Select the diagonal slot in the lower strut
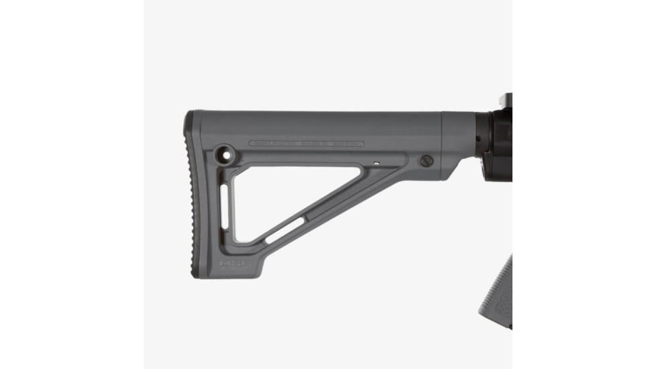click(x=285, y=229)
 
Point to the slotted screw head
click(x=426, y=161)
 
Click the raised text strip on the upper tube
click(x=306, y=143)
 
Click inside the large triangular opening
click(x=282, y=195)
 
